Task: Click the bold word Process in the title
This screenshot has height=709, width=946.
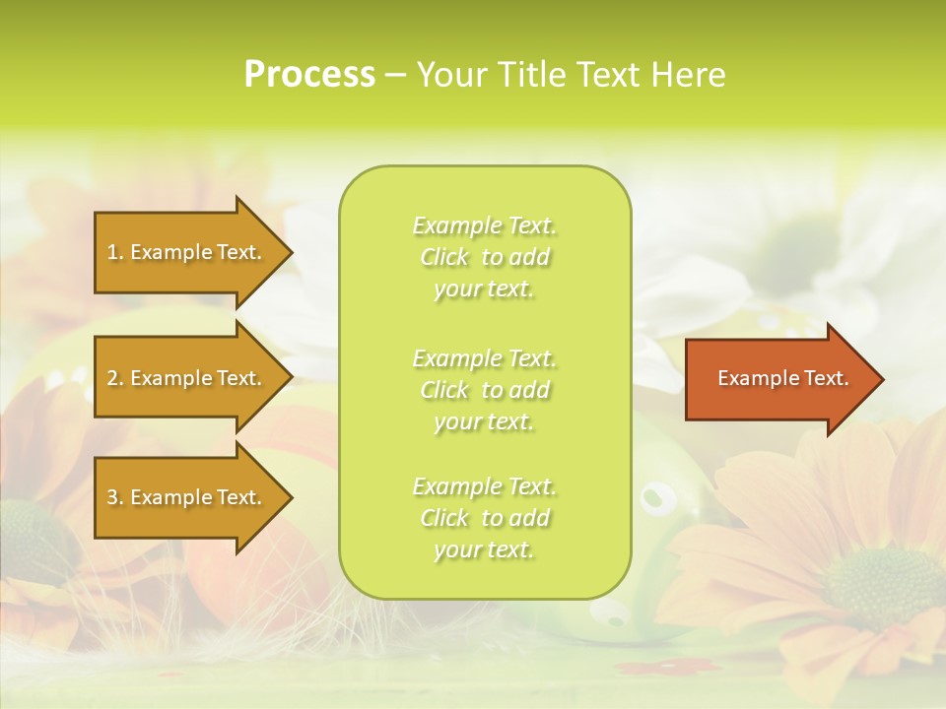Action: pos(309,74)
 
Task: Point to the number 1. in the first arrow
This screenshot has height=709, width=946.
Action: pos(115,253)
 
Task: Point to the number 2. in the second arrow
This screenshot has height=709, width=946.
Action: pos(115,379)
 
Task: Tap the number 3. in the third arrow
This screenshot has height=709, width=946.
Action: pos(115,498)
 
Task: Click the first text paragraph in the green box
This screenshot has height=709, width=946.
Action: pos(484,257)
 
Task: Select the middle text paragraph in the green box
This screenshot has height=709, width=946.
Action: pos(484,390)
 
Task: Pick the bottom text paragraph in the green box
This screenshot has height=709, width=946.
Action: pos(484,518)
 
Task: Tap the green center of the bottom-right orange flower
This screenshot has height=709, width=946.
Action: pos(883,587)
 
